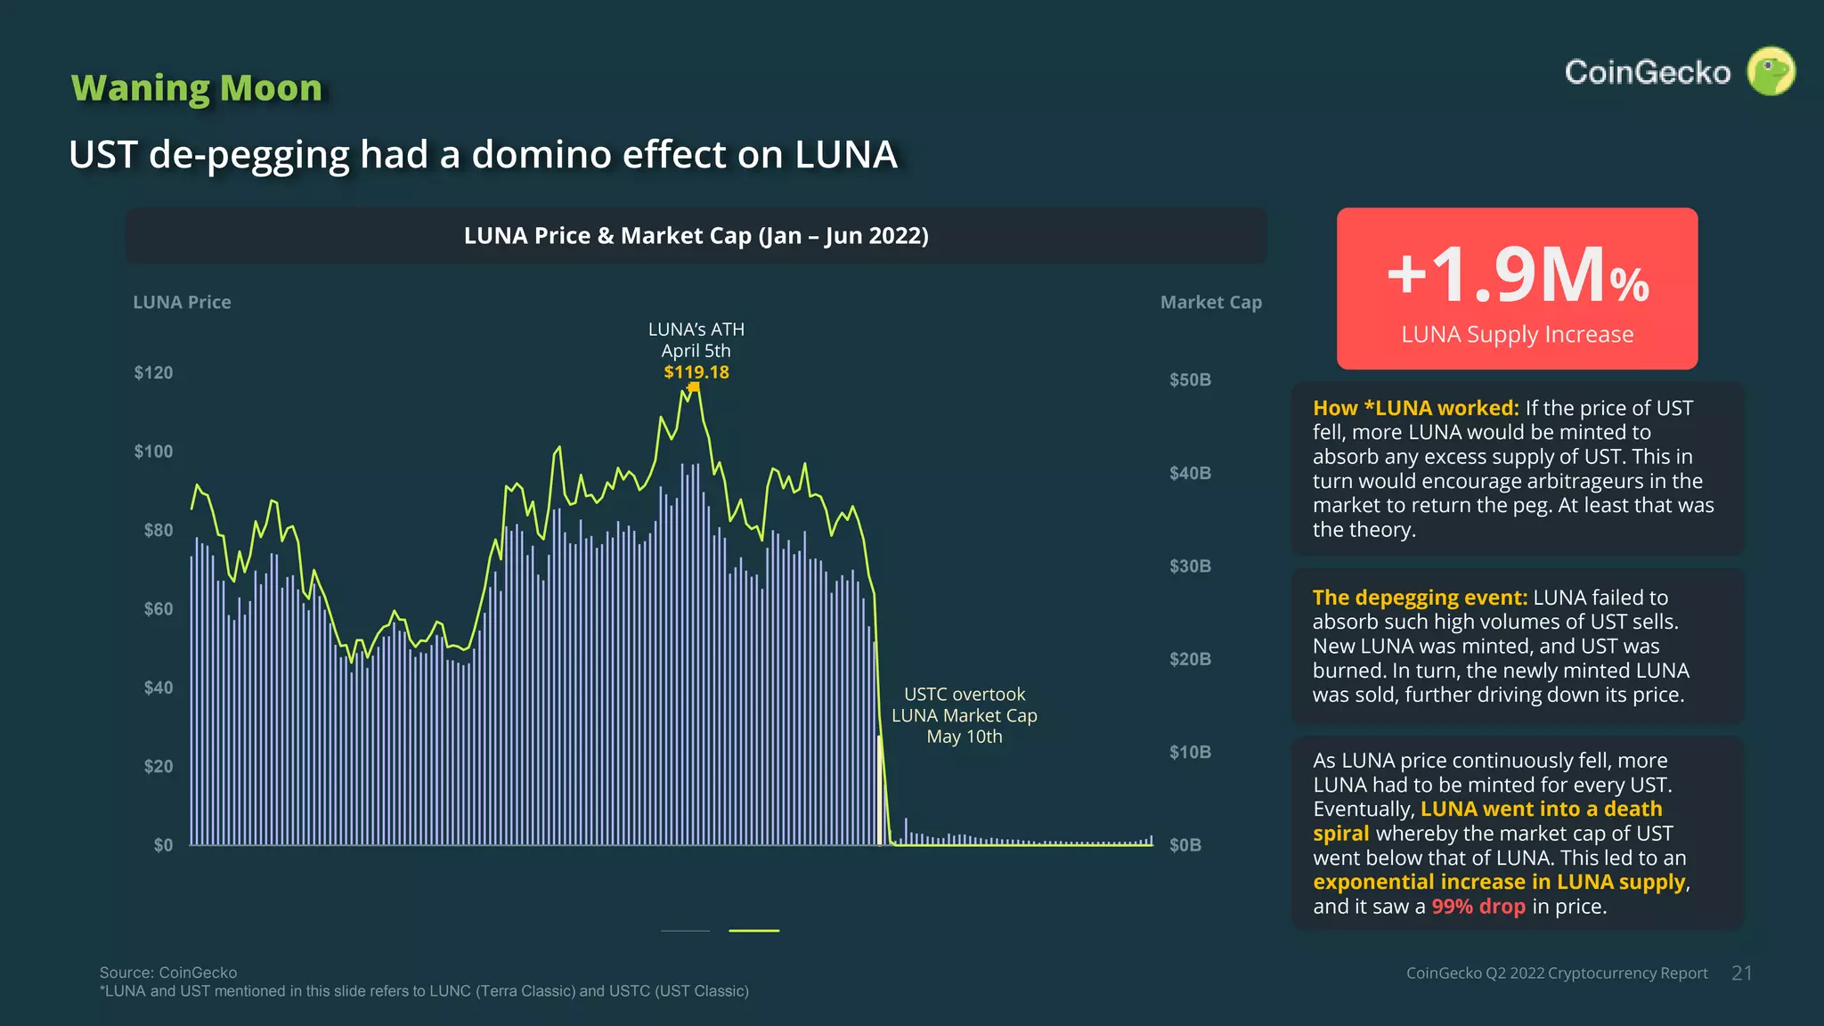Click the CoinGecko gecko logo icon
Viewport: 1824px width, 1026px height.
[x=1771, y=71]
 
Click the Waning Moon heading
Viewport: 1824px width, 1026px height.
[x=197, y=88]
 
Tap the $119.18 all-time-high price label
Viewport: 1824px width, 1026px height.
[x=696, y=372]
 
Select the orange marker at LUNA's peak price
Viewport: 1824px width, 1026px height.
[x=694, y=387]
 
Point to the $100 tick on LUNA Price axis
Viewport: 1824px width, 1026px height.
[x=153, y=452]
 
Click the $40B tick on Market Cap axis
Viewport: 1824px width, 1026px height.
[x=1190, y=473]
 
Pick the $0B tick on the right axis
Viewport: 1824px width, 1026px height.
[x=1185, y=845]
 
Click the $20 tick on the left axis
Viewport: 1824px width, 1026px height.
[x=159, y=766]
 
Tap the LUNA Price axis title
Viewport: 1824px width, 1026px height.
[x=182, y=302]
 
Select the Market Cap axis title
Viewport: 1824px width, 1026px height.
[x=1210, y=302]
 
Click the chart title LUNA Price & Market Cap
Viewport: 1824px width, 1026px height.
[x=696, y=236]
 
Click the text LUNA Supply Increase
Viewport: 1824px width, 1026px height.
[x=1517, y=335]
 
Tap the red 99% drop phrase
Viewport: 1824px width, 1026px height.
[x=1478, y=907]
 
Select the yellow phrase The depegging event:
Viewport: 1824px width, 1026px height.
[x=1419, y=598]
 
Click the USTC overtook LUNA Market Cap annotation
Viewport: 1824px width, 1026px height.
[x=964, y=715]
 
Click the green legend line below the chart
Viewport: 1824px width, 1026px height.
[x=753, y=931]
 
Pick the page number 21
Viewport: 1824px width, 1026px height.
[x=1741, y=973]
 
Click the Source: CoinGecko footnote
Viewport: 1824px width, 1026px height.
[x=168, y=973]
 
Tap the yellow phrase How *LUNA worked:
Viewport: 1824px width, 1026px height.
[x=1415, y=408]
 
